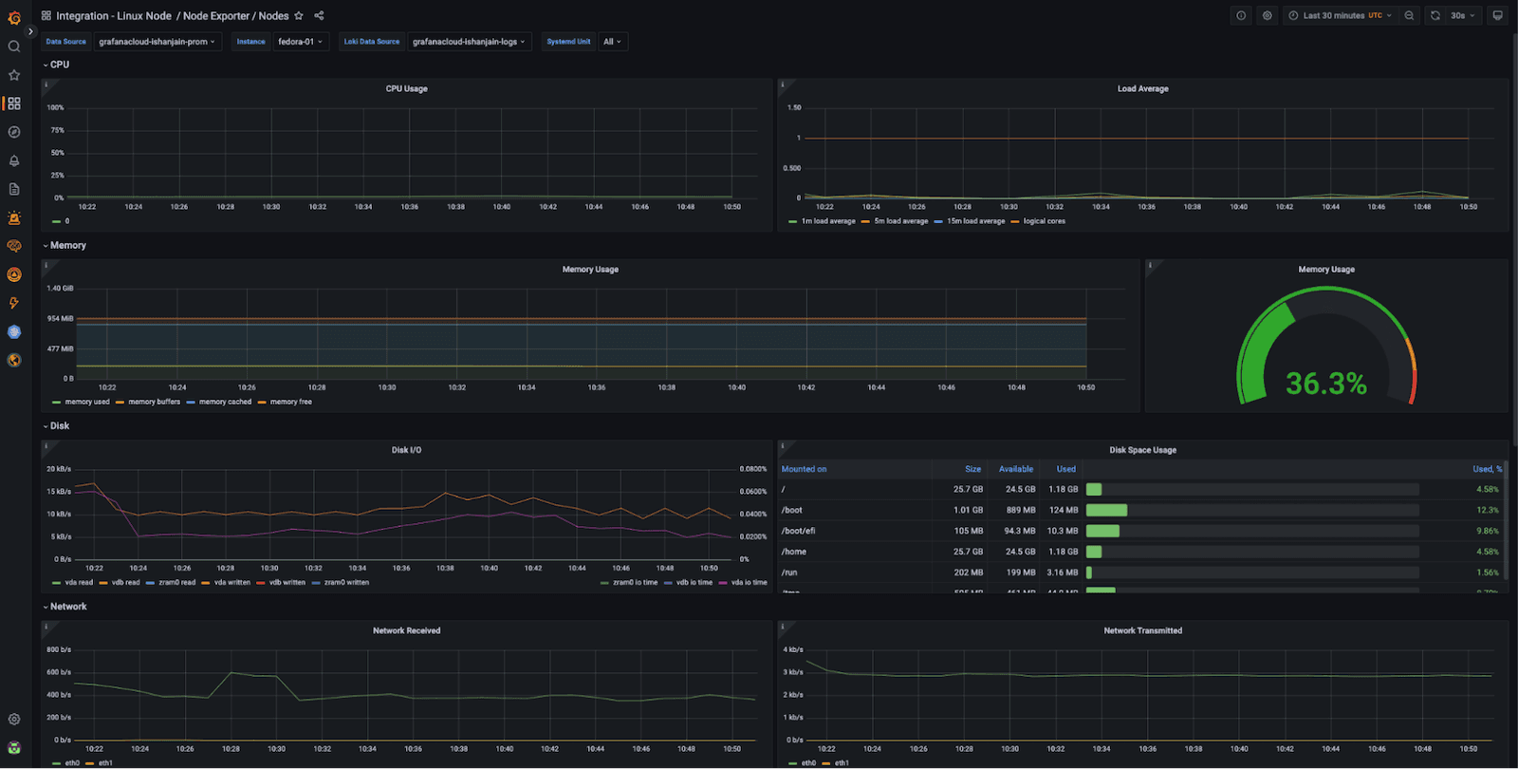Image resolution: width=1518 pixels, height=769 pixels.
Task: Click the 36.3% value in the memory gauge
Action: tap(1325, 384)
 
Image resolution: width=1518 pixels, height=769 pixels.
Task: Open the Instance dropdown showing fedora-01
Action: tap(301, 42)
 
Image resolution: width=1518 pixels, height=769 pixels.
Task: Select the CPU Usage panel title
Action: tap(406, 88)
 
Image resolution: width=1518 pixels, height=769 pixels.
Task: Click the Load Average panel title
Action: tap(1142, 88)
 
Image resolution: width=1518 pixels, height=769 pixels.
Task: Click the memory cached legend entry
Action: tap(225, 402)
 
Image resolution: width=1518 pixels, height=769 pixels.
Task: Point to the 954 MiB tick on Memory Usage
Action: tap(60, 319)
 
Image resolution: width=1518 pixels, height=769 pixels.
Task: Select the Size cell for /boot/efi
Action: tap(968, 531)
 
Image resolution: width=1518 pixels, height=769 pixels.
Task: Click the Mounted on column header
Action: tap(804, 469)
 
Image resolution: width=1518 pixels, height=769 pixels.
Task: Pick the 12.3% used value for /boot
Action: tap(1487, 510)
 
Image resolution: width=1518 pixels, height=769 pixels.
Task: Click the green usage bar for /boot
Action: tap(1106, 510)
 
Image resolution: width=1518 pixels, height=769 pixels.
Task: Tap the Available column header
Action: tap(1015, 469)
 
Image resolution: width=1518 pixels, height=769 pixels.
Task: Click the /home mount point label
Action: tap(794, 552)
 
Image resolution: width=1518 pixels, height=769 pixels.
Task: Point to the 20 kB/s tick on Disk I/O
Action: tap(59, 469)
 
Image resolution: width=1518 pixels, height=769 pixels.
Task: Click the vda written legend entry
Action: tap(231, 582)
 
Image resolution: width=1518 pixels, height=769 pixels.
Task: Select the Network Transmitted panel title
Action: tap(1142, 630)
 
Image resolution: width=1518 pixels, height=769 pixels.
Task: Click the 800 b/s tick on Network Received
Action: tap(59, 649)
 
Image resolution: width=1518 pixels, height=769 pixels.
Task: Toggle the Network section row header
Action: tap(67, 607)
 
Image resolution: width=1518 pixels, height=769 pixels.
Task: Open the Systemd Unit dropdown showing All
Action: tap(612, 42)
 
